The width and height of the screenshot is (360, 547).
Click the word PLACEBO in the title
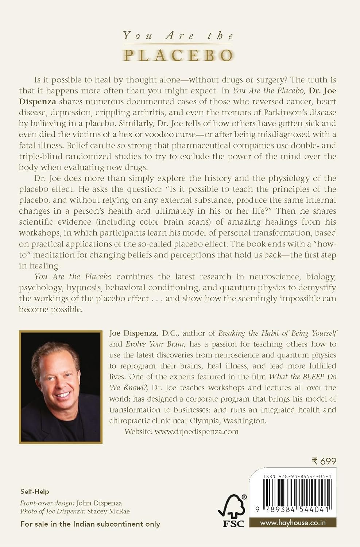pyautogui.click(x=178, y=55)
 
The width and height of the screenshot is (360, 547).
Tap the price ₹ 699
pyautogui.click(x=324, y=461)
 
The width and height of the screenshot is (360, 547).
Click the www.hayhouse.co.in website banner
pyautogui.click(x=293, y=523)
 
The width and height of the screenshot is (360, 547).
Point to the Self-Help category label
pyautogui.click(x=35, y=492)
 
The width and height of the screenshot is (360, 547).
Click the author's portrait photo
pyautogui.click(x=61, y=387)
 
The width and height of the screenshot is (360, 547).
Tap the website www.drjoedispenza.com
pyautogui.click(x=197, y=432)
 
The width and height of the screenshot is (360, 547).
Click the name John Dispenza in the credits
pyautogui.click(x=99, y=503)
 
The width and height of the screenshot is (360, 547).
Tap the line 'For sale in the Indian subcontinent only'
pyautogui.click(x=90, y=524)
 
